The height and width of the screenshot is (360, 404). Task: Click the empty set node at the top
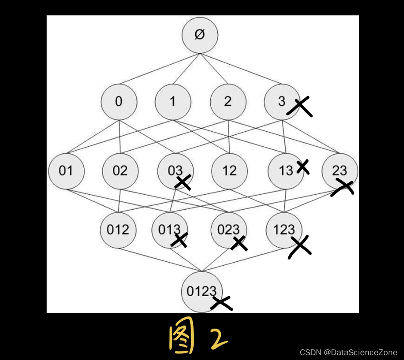(200, 35)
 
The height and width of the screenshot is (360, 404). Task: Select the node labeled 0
(119, 102)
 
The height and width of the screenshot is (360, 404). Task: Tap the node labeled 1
(173, 102)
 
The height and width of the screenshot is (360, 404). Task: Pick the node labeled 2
(228, 102)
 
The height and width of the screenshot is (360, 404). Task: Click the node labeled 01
(66, 171)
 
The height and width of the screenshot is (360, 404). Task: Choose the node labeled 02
(120, 171)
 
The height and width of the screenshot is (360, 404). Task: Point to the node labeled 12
(229, 171)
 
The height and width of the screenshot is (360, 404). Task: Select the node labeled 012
(117, 230)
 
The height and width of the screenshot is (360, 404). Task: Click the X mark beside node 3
(300, 106)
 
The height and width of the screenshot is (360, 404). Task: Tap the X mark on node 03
(183, 182)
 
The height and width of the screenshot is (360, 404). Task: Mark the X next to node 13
(303, 166)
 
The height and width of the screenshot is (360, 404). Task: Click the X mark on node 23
(342, 187)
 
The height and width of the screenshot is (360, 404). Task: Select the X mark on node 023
(239, 243)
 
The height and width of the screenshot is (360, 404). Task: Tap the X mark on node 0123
(222, 303)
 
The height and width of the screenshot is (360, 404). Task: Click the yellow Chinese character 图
(182, 338)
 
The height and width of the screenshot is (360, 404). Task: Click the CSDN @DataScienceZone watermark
(348, 352)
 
